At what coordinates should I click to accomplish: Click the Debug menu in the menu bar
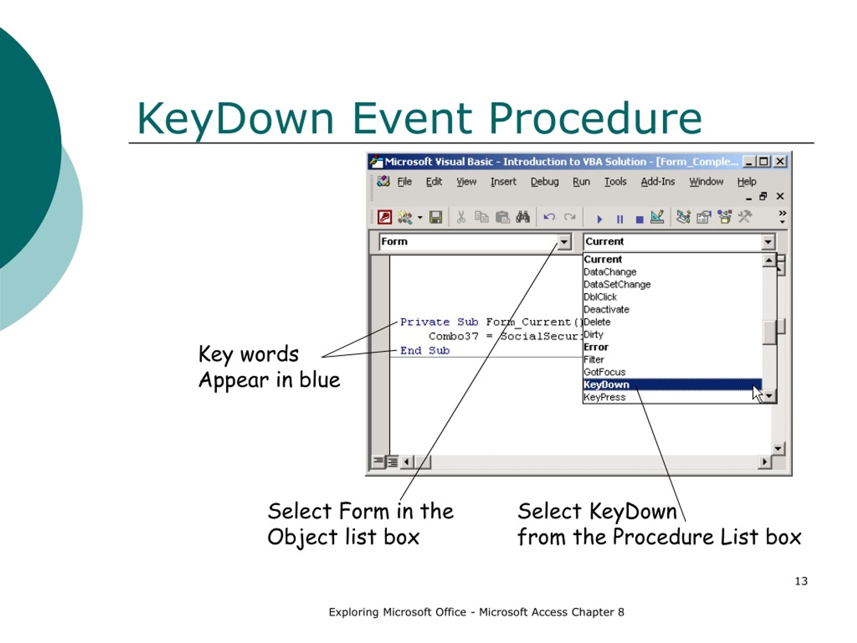(544, 182)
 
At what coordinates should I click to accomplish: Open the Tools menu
(615, 182)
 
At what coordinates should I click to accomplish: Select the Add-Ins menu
(657, 182)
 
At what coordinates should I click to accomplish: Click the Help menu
(746, 182)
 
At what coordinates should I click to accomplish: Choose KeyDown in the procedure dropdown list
(607, 384)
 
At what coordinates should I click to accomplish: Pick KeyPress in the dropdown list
(604, 397)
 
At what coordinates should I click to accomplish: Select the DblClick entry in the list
(600, 297)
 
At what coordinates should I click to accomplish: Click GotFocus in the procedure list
(604, 372)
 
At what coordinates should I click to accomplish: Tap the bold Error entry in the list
(596, 347)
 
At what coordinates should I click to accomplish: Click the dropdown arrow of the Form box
(564, 242)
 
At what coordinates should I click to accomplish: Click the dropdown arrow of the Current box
(768, 242)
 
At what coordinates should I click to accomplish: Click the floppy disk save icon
(436, 217)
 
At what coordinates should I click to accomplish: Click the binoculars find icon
(523, 217)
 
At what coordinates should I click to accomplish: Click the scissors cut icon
(461, 217)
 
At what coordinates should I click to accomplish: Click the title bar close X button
(780, 162)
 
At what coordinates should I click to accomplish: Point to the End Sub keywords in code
(424, 351)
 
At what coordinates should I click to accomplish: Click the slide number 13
(801, 581)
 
